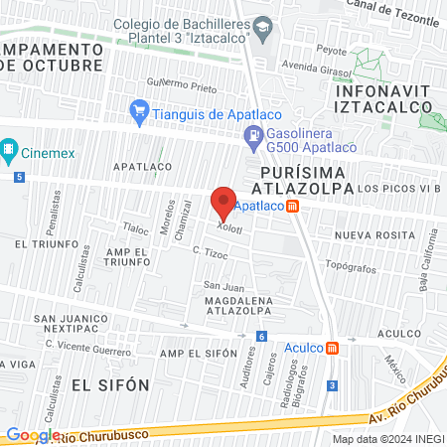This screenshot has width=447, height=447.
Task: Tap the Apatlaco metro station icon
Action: coord(292,208)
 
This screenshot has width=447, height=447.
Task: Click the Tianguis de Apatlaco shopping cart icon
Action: coord(139,113)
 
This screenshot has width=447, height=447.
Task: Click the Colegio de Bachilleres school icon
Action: coord(262,25)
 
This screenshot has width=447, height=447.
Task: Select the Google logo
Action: coord(32,434)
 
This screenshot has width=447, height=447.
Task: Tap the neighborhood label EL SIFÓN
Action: coord(109,383)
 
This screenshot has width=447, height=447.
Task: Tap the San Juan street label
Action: coord(223,286)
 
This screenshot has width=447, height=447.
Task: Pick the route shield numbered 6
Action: coord(260,337)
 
